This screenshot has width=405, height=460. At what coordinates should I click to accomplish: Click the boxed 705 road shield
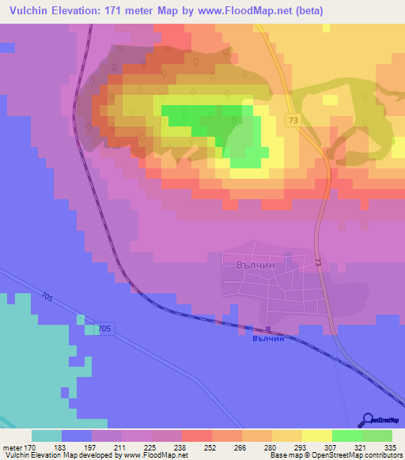105,327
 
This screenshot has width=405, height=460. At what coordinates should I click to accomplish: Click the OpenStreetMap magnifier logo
369,420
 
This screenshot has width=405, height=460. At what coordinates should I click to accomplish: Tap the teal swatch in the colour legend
47,435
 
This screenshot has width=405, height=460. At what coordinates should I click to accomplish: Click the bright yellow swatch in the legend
316,435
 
